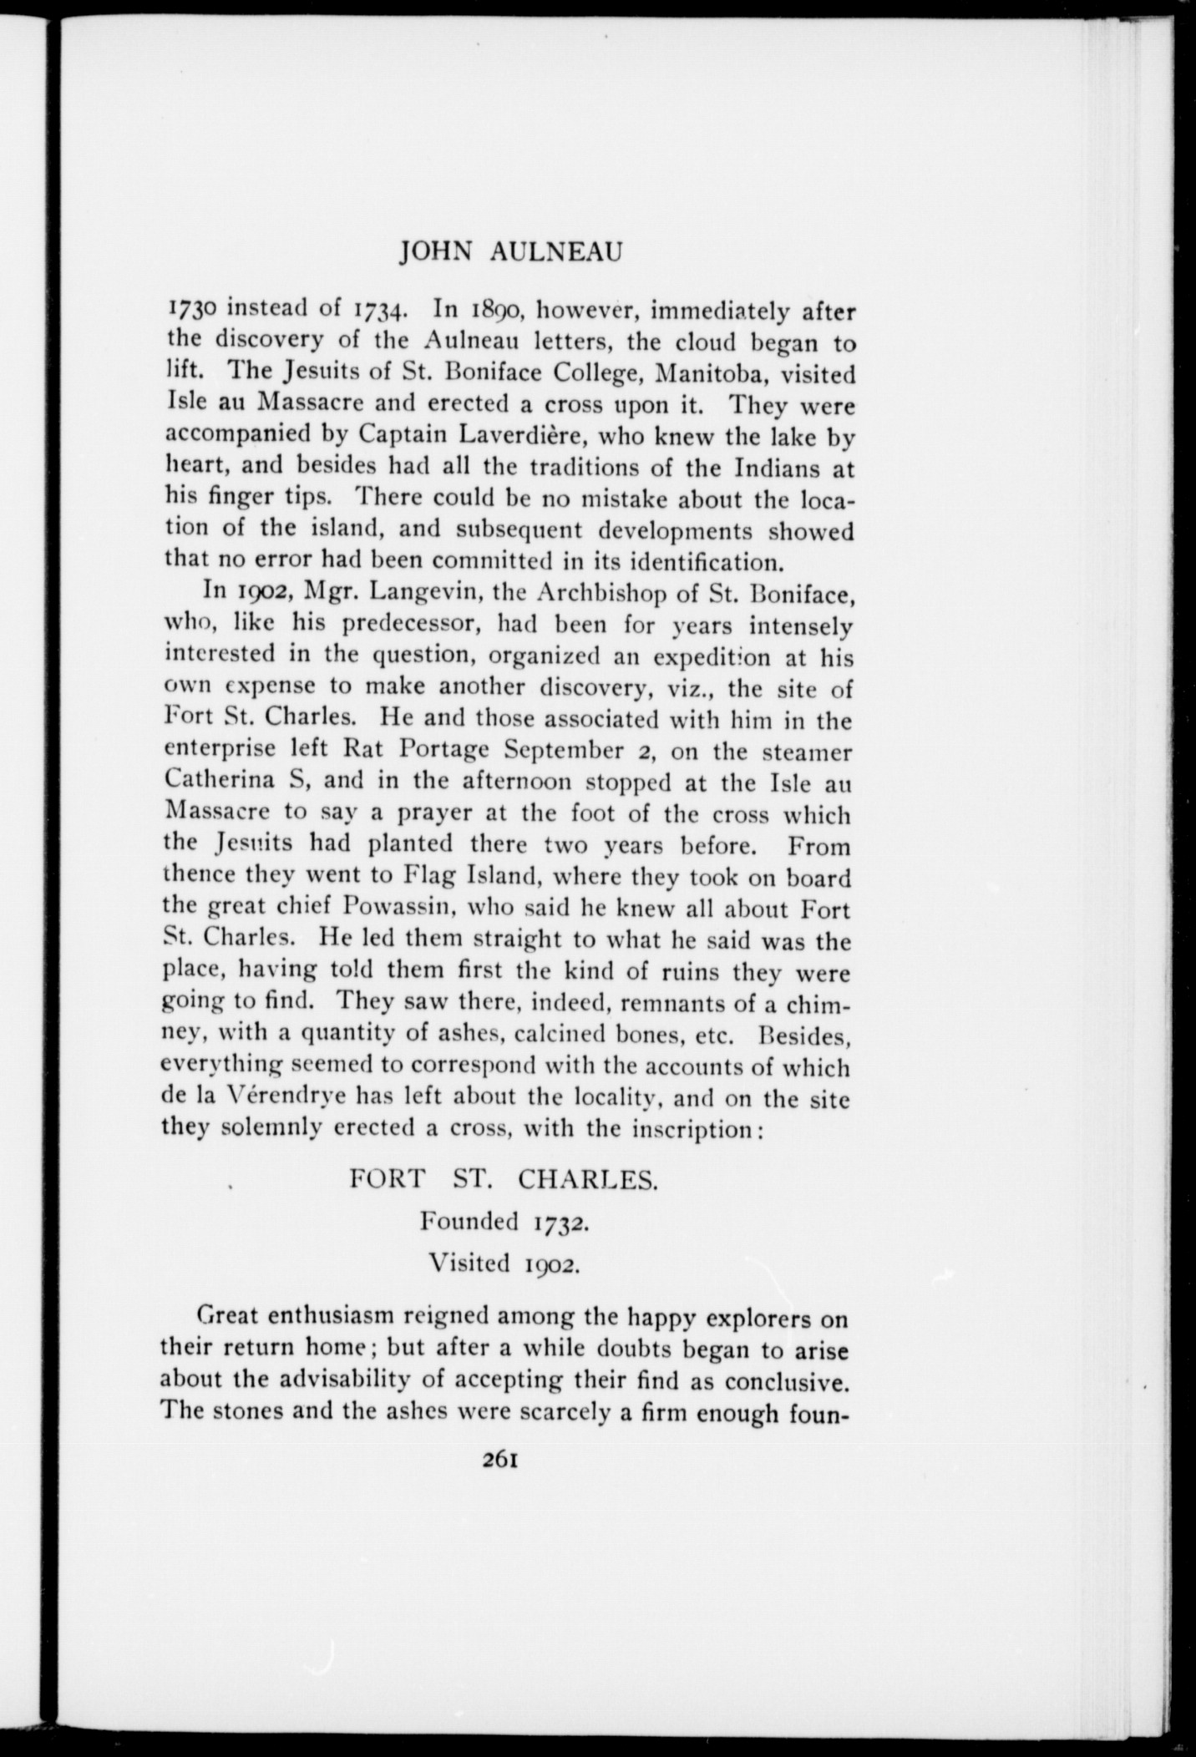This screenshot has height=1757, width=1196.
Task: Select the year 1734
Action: (382, 311)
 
